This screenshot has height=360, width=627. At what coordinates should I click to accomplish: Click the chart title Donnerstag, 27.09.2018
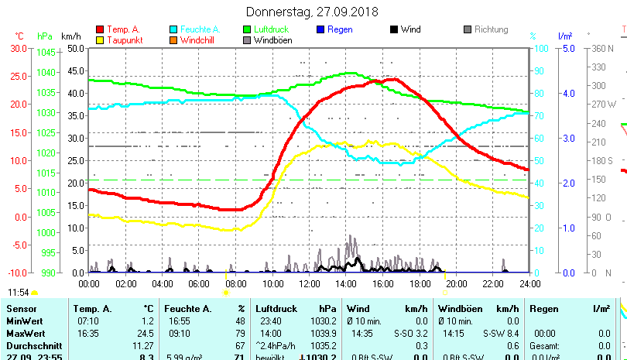[x=312, y=12]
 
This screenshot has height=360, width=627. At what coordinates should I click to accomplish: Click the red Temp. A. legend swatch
[x=99, y=29]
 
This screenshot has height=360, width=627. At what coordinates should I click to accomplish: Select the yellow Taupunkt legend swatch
[x=99, y=39]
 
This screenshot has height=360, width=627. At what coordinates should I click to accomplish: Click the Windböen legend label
[x=272, y=39]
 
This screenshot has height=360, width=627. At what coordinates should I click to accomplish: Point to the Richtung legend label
[x=491, y=29]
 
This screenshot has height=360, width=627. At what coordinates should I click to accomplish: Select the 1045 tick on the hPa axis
[x=46, y=53]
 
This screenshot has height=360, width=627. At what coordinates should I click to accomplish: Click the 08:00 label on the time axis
[x=236, y=283]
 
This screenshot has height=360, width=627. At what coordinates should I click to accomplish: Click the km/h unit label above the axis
[x=70, y=36]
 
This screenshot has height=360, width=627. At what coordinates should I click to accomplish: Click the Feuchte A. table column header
[x=187, y=308]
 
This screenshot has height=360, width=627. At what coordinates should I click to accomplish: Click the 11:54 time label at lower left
[x=19, y=293]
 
